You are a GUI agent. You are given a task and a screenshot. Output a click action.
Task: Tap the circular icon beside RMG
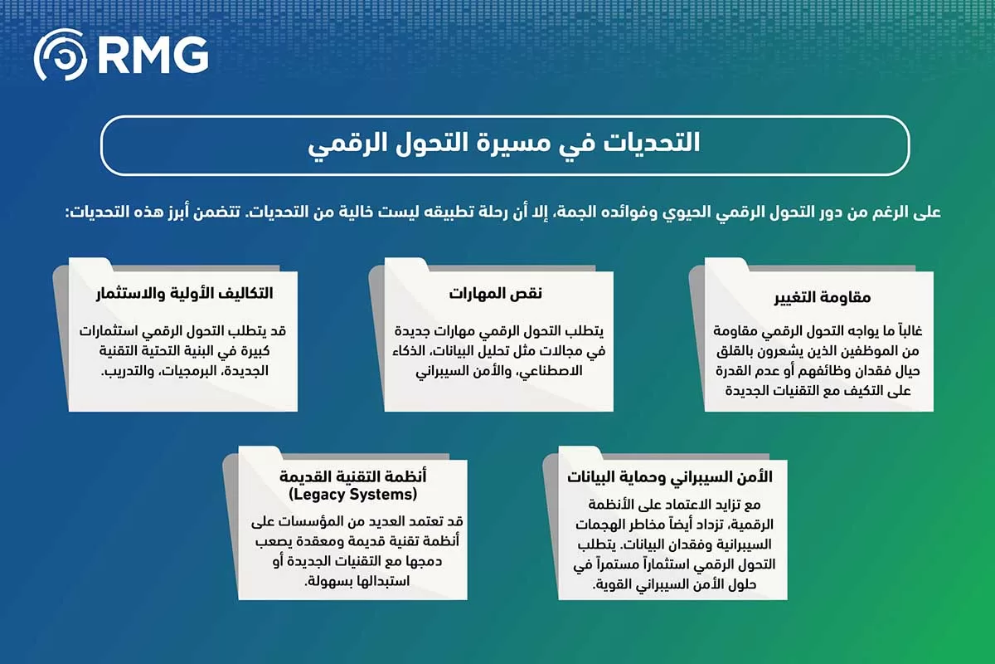click(x=59, y=56)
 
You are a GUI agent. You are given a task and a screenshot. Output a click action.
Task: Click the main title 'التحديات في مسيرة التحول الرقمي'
click(x=503, y=144)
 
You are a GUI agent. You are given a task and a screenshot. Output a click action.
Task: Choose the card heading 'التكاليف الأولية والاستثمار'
click(x=182, y=293)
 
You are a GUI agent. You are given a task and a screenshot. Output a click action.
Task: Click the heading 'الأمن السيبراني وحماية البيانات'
click(x=670, y=476)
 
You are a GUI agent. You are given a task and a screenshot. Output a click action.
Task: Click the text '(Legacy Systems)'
click(x=352, y=495)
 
